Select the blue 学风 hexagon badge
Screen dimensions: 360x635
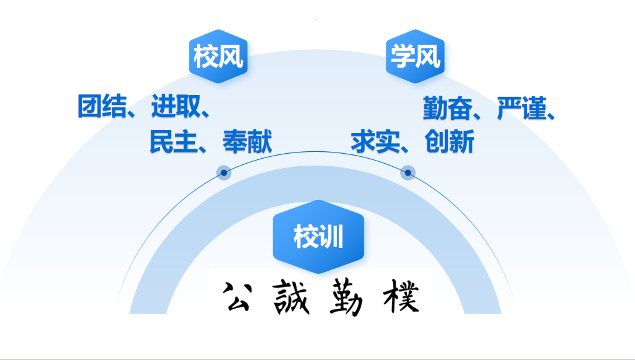click(415, 57)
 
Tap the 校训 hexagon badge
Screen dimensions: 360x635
click(318, 237)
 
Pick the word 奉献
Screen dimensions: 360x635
click(247, 141)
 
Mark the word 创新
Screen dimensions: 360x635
click(449, 142)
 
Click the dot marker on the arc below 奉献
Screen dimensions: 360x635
click(224, 172)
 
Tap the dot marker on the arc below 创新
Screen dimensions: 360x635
click(407, 172)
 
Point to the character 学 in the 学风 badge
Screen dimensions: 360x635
click(402, 57)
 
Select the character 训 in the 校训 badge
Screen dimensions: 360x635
click(331, 237)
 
